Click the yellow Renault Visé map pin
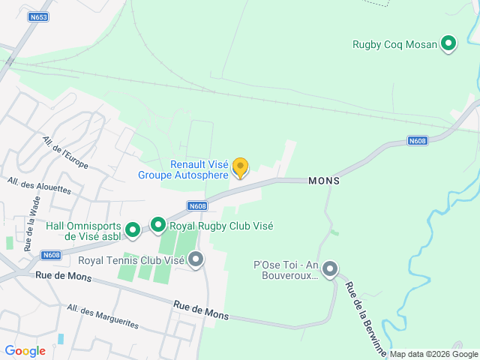point(240,167)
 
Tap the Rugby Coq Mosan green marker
point(448,43)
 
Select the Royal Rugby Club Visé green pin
point(158,225)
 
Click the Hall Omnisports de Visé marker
point(133,230)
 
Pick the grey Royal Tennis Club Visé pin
point(196,260)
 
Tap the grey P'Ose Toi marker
point(329,268)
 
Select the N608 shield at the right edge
point(418,140)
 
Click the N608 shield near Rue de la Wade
point(52,255)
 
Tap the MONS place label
point(324,181)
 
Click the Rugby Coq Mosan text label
point(394,44)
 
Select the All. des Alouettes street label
point(39,185)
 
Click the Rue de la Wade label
point(31,222)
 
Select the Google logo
point(25,350)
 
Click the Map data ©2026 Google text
point(433,354)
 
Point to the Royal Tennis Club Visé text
point(131,260)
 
